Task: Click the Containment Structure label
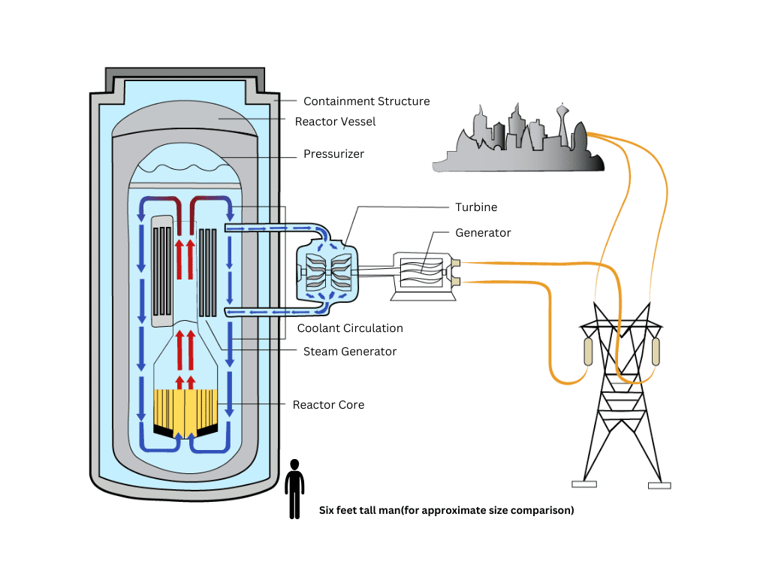click(x=366, y=101)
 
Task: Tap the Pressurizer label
click(x=333, y=154)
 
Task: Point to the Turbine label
click(x=476, y=207)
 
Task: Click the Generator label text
click(x=483, y=233)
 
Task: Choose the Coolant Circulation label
click(x=350, y=328)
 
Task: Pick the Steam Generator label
click(x=350, y=351)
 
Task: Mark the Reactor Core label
click(x=328, y=404)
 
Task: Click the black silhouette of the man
click(x=295, y=488)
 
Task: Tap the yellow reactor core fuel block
click(x=185, y=409)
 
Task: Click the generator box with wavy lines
click(x=421, y=272)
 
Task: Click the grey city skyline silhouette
click(x=518, y=147)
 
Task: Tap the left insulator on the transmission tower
click(x=588, y=351)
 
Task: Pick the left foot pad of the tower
click(x=584, y=484)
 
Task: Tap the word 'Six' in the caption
click(x=329, y=510)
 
